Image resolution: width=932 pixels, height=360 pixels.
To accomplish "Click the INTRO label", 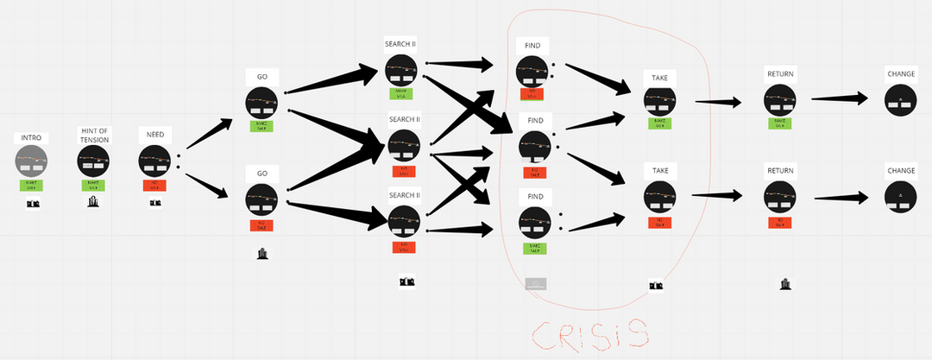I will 31,138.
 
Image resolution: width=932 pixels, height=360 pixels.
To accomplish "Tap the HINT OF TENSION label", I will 94,135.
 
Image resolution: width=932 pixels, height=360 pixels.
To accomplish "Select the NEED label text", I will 155,135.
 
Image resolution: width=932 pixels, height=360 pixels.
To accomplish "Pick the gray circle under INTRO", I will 32,161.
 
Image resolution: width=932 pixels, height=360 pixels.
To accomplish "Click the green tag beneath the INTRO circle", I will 32,184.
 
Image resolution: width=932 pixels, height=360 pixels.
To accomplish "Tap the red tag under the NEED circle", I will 155,184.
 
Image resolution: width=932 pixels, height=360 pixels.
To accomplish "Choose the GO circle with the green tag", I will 261,103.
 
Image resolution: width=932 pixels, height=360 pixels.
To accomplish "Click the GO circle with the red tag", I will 261,199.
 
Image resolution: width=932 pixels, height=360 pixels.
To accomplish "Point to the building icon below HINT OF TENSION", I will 94,202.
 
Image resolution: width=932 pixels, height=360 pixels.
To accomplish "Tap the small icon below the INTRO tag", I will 33,204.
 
